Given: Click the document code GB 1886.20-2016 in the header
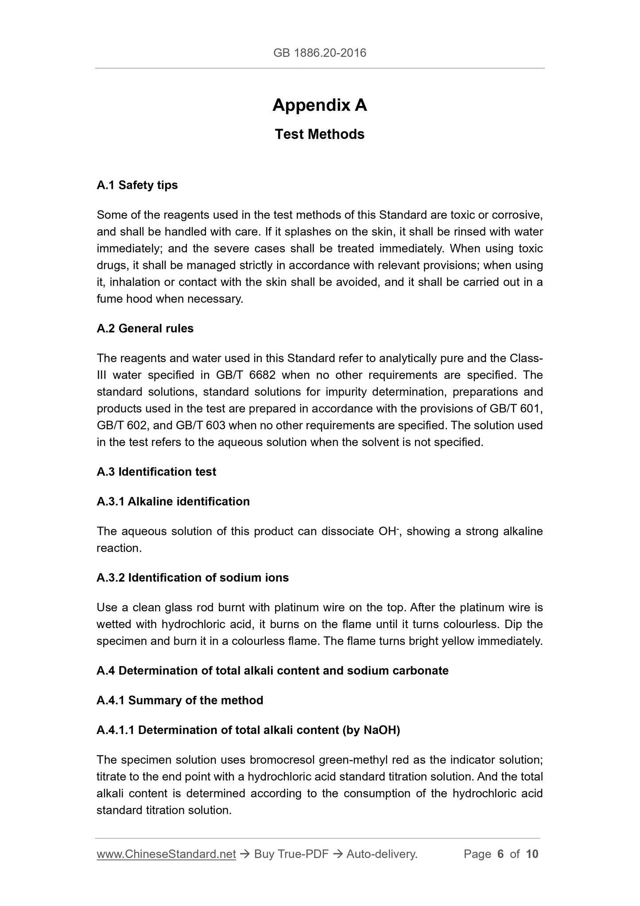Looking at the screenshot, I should (319, 53).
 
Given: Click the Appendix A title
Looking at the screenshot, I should (319, 105).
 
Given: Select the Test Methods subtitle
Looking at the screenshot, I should (319, 134).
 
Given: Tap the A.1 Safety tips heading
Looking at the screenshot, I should (137, 185).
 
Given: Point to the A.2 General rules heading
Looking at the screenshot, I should (145, 328).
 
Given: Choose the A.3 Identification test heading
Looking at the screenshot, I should (156, 472).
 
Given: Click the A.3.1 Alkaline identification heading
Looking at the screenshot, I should (173, 501).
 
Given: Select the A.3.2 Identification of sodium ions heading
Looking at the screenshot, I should (193, 578).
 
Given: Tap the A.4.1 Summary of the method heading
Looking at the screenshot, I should (180, 700).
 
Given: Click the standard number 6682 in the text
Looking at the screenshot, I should (262, 375).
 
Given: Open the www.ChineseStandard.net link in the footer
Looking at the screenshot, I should (166, 854).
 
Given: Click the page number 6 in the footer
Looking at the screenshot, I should (500, 854).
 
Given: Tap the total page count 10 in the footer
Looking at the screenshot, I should (532, 854).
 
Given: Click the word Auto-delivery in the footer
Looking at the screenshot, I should (382, 854).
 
